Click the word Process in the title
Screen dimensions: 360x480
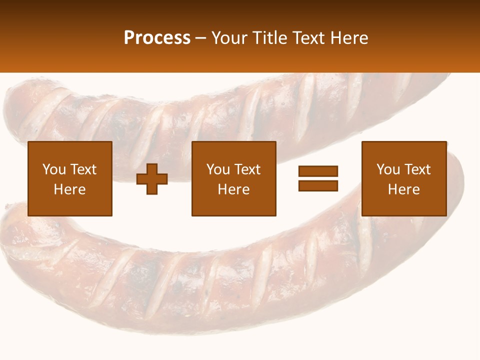(157, 38)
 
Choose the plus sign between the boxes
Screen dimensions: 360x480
(152, 179)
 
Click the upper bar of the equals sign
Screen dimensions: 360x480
(318, 171)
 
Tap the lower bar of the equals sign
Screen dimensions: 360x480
(318, 185)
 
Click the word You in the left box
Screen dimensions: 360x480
(54, 169)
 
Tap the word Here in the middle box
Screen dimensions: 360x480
(234, 189)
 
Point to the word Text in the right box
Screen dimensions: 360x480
(419, 169)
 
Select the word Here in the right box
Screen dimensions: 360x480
(404, 189)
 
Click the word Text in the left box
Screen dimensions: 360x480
(83, 169)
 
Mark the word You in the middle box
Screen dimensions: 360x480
(218, 169)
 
